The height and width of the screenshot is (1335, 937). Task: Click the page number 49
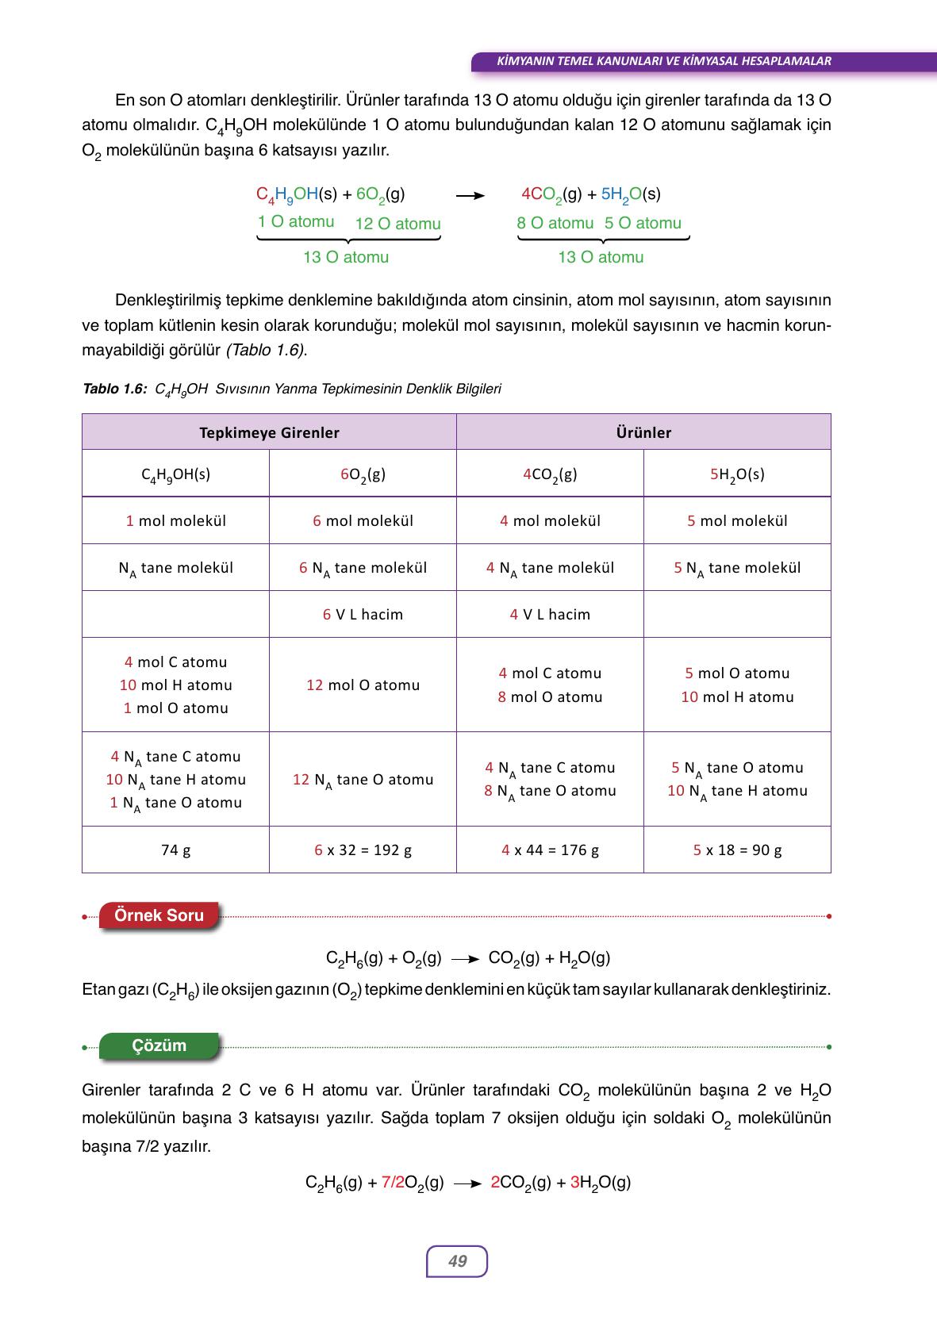(457, 1261)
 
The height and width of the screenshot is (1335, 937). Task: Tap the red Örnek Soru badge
(159, 915)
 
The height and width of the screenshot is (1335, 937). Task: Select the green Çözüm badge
(159, 1045)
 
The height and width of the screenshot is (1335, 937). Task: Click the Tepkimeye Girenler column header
(269, 432)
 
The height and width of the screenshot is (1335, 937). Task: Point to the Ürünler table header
(643, 432)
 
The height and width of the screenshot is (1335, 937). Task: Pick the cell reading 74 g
(175, 850)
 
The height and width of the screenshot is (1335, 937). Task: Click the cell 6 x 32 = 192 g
(363, 850)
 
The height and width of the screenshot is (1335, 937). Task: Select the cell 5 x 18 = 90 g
(737, 850)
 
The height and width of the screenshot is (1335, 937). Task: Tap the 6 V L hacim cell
(363, 614)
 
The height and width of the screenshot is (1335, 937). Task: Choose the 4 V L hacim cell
(550, 614)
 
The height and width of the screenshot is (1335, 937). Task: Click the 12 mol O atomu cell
(363, 685)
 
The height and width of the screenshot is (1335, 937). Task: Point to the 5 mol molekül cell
(737, 520)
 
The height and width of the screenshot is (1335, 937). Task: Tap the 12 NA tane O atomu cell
(363, 780)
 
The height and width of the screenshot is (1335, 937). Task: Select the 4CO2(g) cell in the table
(550, 474)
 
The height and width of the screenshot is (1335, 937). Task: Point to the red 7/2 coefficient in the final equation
(393, 1183)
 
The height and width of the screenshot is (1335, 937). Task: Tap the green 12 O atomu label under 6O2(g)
(397, 224)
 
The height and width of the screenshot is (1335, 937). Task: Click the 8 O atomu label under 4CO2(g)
(555, 223)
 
